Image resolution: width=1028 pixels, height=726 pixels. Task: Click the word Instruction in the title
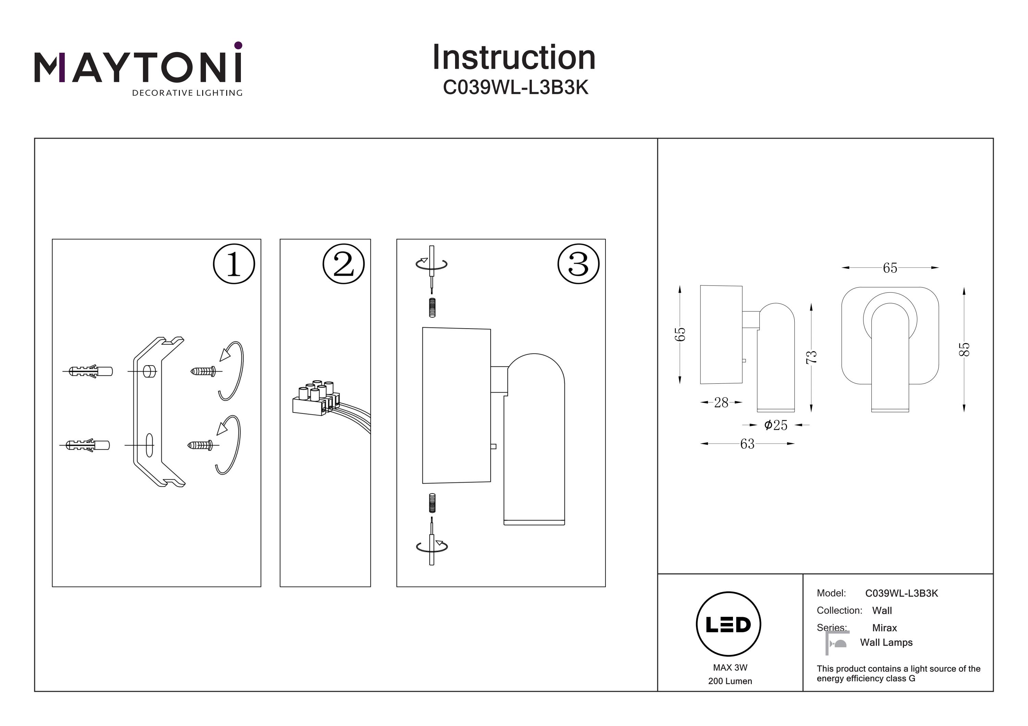(x=514, y=58)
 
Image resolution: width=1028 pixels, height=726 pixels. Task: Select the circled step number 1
(x=234, y=264)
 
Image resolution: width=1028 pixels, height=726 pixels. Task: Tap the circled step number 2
(x=343, y=264)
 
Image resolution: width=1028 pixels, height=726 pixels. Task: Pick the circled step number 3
(x=578, y=264)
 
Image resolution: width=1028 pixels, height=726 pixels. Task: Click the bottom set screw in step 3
(x=432, y=503)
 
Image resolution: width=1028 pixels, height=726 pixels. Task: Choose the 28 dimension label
(x=721, y=403)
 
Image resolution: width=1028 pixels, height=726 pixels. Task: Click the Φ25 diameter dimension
(x=775, y=425)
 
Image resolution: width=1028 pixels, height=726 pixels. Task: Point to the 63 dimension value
(x=747, y=444)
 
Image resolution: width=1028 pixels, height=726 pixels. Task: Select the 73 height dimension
(x=811, y=357)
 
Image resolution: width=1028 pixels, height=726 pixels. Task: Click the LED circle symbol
(x=729, y=624)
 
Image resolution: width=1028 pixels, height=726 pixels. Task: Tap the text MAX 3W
(x=730, y=667)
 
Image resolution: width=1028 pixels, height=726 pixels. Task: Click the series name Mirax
(x=884, y=627)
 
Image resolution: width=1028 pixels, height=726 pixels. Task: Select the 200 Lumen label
(x=730, y=681)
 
